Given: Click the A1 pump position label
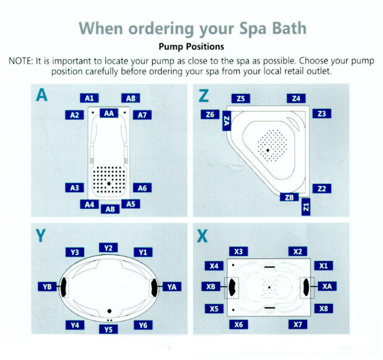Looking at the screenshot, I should pos(89,98).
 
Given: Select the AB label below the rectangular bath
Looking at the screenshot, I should pos(110,209).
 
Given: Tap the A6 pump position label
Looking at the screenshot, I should pos(142,188).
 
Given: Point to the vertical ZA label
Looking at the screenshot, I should pos(226,121).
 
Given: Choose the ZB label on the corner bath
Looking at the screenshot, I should pos(289,197).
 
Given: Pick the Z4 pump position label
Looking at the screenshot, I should pos(296,98).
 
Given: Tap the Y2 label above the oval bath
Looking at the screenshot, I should pos(108,248).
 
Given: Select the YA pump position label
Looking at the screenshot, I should pos(171,287).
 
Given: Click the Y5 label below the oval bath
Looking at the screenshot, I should pos(108,329).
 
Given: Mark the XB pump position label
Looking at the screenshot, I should pos(211,286).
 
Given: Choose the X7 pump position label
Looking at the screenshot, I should pos(297,325).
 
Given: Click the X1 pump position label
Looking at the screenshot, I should pos(324,265).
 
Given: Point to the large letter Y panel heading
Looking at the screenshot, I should pos(41,235).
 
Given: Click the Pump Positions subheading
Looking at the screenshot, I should pos(191,46).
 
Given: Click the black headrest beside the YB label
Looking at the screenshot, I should pos(64,286).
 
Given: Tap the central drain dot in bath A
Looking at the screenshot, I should pos(109,183).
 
